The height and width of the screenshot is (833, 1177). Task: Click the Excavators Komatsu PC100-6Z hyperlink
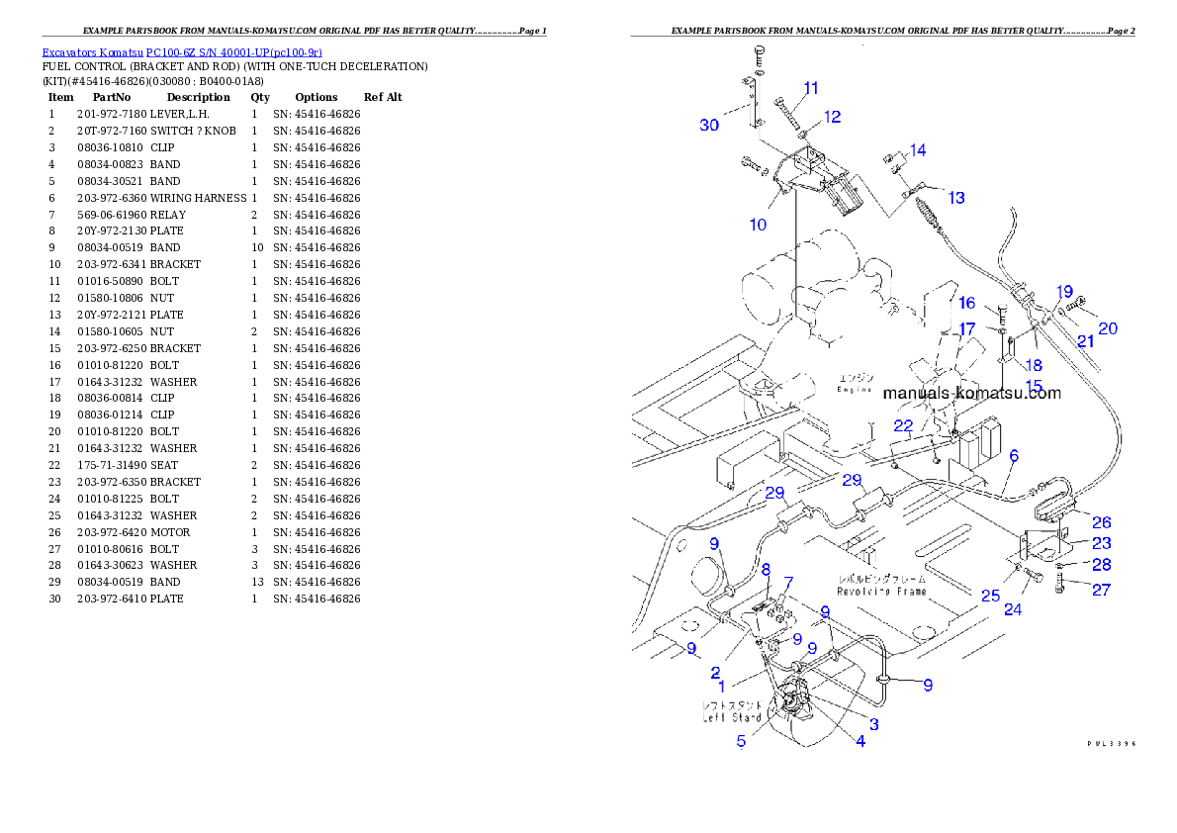182,52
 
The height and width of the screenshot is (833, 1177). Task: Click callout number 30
709,125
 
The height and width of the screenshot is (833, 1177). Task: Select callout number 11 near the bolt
811,88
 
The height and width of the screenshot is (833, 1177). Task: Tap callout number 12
833,117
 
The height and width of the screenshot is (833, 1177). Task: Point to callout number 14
918,150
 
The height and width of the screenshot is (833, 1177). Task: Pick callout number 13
956,198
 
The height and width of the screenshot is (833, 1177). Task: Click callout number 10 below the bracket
758,225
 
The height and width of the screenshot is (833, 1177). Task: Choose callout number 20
1108,327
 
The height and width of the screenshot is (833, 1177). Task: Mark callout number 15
1034,385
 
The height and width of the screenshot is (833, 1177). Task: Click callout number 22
903,425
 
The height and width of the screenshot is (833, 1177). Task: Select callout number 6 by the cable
1014,456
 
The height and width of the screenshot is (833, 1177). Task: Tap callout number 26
1101,522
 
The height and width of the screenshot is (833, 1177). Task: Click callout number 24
1013,609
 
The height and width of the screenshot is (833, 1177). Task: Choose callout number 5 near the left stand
741,740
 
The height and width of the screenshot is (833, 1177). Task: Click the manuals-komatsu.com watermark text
971,393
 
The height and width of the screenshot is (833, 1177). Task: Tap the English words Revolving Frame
881,592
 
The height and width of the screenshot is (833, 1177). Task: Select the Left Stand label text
733,717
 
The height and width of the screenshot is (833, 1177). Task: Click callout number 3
874,724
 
